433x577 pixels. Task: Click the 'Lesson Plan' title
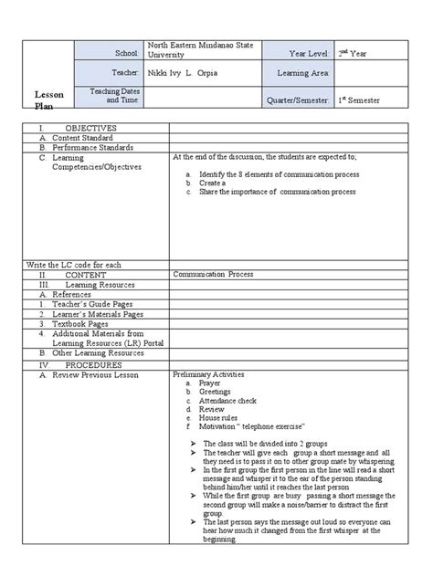pos(49,100)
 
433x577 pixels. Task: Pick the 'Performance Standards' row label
pos(92,147)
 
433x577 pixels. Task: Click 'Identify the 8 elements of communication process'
pos(278,173)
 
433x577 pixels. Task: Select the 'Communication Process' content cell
pos(211,273)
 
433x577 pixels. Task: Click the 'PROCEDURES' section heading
pos(90,363)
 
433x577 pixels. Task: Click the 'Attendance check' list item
pos(226,400)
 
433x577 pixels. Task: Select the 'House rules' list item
pos(218,417)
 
